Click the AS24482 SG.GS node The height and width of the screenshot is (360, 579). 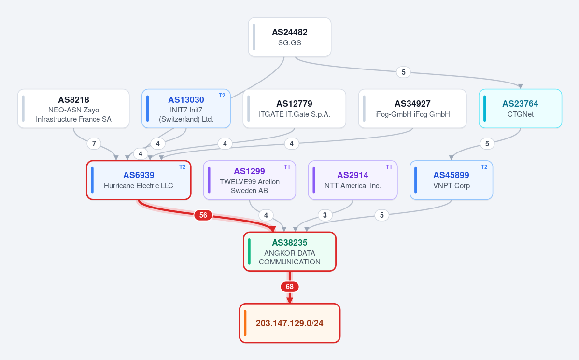coord(290,37)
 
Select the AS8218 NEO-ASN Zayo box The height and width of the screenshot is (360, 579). coord(73,109)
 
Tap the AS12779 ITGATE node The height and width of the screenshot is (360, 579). coord(294,109)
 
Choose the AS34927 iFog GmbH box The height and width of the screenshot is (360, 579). coord(412,109)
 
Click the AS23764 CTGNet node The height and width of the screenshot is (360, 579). coord(520,109)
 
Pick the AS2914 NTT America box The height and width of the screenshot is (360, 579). coord(353,180)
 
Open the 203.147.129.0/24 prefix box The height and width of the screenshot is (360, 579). coord(290,323)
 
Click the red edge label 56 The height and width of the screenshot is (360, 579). coord(203,215)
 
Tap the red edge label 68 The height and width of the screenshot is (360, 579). coord(290,287)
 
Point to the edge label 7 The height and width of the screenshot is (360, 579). coord(94,143)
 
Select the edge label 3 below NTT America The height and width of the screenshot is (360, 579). coord(325,215)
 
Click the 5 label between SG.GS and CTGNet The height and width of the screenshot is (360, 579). coord(404,72)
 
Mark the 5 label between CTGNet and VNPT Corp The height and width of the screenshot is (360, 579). coord(487,143)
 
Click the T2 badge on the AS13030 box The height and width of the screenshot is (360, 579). coord(222,96)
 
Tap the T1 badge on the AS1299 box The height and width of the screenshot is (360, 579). coord(287,167)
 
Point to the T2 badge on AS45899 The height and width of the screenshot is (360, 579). coord(484,167)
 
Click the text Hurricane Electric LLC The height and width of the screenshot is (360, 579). coord(139,185)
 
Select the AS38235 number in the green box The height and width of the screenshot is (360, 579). coord(290,243)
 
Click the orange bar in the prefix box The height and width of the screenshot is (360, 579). coord(245,323)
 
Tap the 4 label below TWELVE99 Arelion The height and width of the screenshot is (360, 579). coord(266,215)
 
